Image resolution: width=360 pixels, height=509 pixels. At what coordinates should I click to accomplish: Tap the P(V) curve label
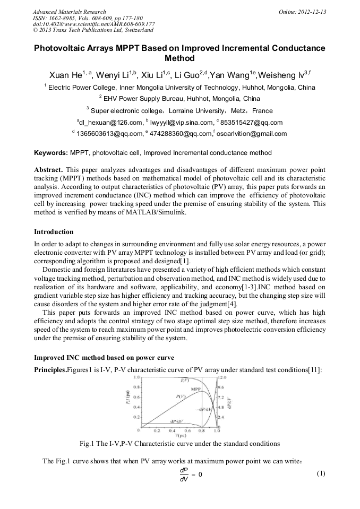[181, 396]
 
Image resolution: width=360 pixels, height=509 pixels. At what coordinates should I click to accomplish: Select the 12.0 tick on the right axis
[221, 377]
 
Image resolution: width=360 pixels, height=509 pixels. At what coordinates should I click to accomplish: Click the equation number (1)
[320, 473]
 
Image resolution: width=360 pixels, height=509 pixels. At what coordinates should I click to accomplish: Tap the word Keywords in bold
[51, 153]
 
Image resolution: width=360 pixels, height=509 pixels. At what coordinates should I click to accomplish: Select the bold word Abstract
[49, 169]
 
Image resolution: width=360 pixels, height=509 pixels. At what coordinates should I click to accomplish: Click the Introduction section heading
[54, 232]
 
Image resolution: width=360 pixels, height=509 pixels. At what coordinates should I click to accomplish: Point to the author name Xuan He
[66, 74]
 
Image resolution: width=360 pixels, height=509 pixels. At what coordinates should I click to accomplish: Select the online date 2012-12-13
[313, 12]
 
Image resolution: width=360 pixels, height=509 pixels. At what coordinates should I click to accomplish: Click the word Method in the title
[180, 58]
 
